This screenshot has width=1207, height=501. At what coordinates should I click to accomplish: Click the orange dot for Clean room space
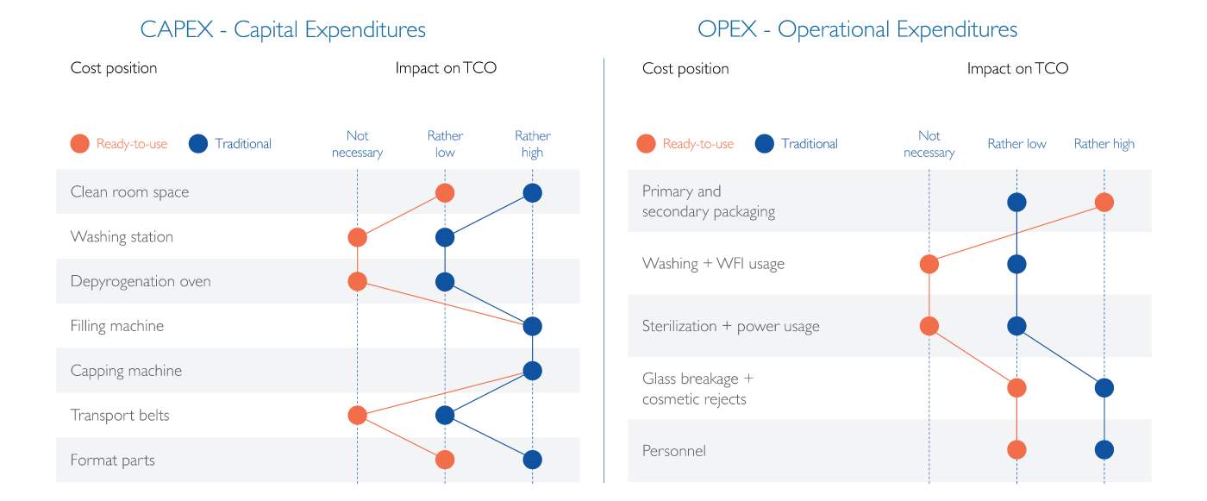coord(445,193)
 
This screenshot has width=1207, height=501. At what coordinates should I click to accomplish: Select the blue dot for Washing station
coord(445,238)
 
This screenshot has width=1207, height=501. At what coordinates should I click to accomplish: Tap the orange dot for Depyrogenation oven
coord(357,282)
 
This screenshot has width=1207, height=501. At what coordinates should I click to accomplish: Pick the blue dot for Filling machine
coord(533,327)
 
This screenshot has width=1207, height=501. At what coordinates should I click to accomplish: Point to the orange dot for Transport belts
coord(357,416)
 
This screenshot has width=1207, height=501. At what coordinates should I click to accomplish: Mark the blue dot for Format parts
coord(533,460)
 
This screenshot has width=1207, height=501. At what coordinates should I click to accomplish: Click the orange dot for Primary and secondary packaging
coord(1104,203)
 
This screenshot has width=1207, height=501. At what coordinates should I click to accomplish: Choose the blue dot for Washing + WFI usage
coord(1016,265)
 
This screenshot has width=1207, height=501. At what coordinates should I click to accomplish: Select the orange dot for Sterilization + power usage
coord(929,326)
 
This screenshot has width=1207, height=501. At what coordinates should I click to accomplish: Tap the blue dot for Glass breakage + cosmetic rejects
coord(1104,388)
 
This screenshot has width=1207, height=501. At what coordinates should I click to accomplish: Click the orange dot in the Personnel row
coord(1016,450)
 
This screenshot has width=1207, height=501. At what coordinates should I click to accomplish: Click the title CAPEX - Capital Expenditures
coord(283,29)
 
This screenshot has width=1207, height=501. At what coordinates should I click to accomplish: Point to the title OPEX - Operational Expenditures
coord(857,29)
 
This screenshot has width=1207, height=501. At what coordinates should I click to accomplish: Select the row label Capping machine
coord(126,371)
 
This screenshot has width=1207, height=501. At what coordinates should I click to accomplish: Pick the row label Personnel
coord(674,450)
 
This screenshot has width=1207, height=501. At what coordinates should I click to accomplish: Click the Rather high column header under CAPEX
coord(533,144)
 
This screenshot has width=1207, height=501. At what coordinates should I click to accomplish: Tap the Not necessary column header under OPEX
coord(929,144)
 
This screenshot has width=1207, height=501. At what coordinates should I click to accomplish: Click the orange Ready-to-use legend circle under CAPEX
coord(79,144)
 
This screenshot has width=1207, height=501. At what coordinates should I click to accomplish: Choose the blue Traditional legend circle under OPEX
coord(765,144)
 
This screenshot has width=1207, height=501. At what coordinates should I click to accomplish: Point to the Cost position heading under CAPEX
coord(114,68)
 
